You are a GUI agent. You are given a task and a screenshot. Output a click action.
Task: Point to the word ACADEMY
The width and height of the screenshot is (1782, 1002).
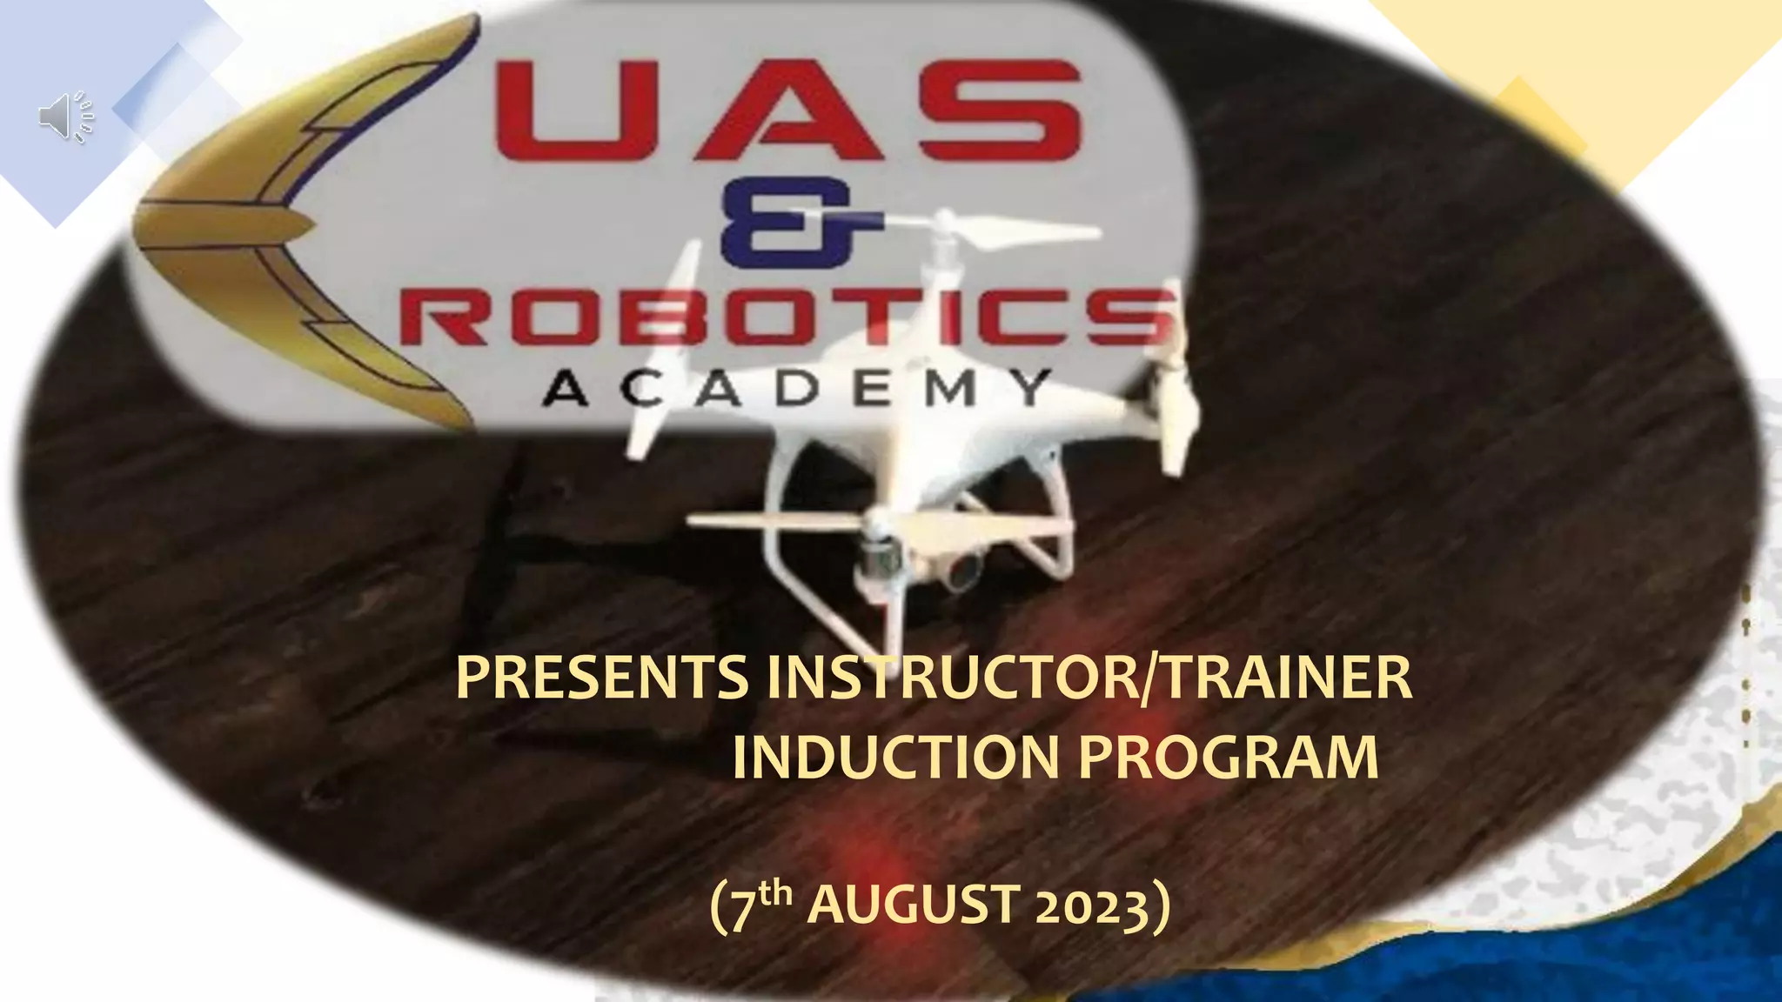pos(794,391)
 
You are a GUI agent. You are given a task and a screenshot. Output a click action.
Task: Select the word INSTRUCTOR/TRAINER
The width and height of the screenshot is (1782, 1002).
pos(1088,679)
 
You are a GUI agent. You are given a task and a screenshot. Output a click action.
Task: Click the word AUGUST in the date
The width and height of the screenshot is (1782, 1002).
pos(914,906)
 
